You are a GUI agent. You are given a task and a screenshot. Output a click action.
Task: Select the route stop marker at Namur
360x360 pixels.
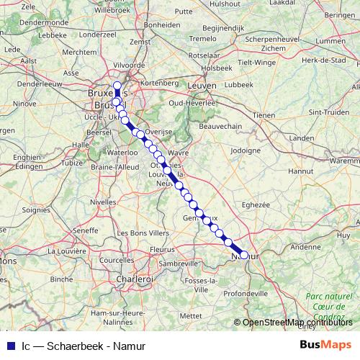[x=243, y=255]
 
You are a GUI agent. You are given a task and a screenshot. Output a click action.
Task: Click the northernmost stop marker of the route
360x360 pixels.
[x=117, y=85]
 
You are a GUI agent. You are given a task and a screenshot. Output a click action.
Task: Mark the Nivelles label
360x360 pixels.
[x=103, y=202]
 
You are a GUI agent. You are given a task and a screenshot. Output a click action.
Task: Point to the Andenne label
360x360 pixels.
[x=306, y=246]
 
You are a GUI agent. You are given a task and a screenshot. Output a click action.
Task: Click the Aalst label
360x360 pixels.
[x=30, y=61]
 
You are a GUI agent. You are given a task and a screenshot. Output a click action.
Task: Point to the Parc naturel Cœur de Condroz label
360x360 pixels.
[x=329, y=306]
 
